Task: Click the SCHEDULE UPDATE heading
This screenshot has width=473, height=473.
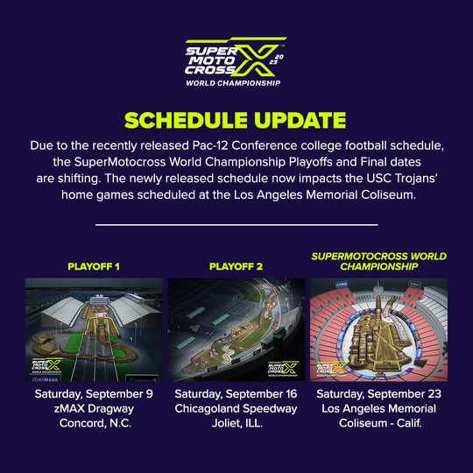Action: pos(236,119)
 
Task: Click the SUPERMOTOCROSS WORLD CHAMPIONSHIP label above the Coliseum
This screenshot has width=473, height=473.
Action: pos(378,261)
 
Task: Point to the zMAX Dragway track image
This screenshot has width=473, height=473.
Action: pos(94,328)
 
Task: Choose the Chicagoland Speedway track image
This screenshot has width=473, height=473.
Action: pos(236,328)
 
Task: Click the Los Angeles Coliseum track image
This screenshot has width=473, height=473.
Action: pos(378,328)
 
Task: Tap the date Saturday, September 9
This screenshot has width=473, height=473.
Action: pos(94,394)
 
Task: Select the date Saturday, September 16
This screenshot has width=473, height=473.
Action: pos(236,394)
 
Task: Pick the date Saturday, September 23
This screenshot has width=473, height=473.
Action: pos(378,394)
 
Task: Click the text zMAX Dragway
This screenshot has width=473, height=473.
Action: pos(94,410)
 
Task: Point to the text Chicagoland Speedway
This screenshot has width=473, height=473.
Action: pos(236,410)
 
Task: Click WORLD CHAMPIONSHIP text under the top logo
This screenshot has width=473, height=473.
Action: pos(233,83)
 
